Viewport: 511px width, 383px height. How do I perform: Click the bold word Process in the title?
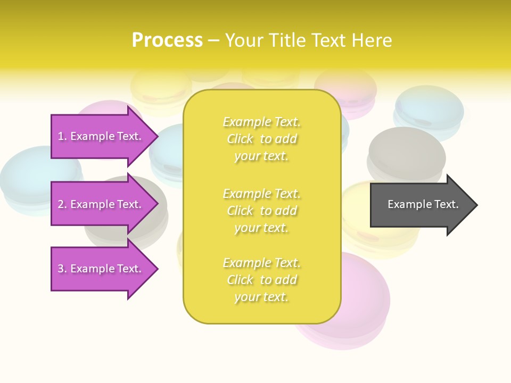pyautogui.click(x=167, y=40)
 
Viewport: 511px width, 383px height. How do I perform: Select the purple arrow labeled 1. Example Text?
pyautogui.click(x=101, y=136)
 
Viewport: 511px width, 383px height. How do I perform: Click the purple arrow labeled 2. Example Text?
pyautogui.click(x=101, y=204)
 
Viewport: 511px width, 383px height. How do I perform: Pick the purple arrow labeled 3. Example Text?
pyautogui.click(x=101, y=269)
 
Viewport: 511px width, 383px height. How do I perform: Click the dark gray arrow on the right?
pyautogui.click(x=421, y=205)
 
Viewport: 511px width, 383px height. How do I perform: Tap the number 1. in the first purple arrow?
pyautogui.click(x=62, y=136)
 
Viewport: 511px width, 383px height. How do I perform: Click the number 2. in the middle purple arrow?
pyautogui.click(x=62, y=204)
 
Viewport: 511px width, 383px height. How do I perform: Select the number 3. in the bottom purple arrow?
pyautogui.click(x=62, y=269)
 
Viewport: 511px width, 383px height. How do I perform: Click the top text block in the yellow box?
pyautogui.click(x=261, y=139)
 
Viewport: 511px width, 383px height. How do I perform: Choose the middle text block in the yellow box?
pyautogui.click(x=261, y=211)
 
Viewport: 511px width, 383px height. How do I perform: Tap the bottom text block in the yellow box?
pyautogui.click(x=261, y=280)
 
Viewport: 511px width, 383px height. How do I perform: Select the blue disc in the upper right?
pyautogui.click(x=429, y=109)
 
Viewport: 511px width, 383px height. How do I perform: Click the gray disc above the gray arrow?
pyautogui.click(x=407, y=152)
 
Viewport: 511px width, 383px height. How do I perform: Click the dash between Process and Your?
pyautogui.click(x=213, y=40)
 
